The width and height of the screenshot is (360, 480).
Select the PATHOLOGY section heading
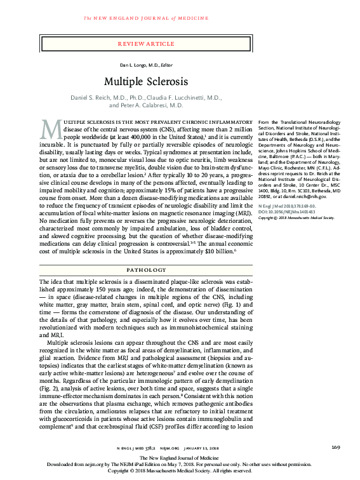[146, 269]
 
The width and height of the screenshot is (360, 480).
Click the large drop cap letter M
[51, 130]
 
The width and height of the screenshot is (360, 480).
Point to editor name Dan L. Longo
[136, 66]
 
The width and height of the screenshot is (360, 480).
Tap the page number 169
[335, 448]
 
